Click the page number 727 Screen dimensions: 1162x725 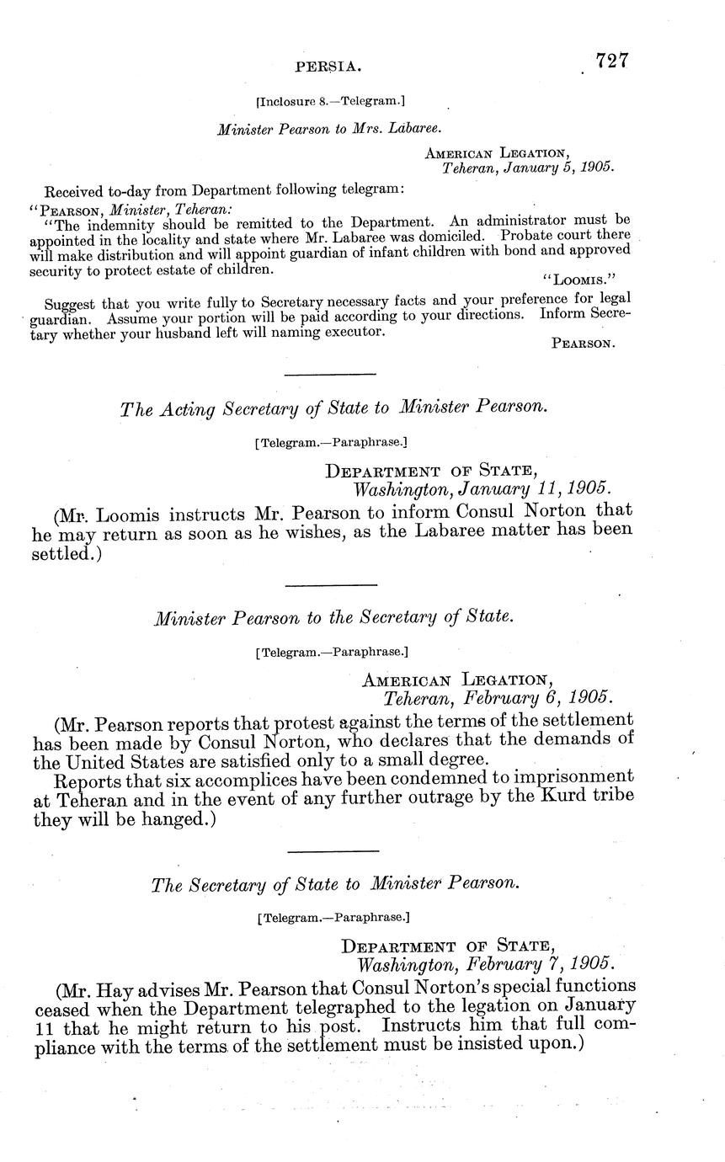[612, 61]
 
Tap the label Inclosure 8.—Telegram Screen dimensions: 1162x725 [330, 102]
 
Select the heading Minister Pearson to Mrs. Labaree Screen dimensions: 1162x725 [329, 130]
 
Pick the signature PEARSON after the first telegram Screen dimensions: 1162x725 [583, 344]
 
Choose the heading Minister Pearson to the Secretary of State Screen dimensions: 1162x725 [333, 617]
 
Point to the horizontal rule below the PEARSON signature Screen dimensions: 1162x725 [330, 375]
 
